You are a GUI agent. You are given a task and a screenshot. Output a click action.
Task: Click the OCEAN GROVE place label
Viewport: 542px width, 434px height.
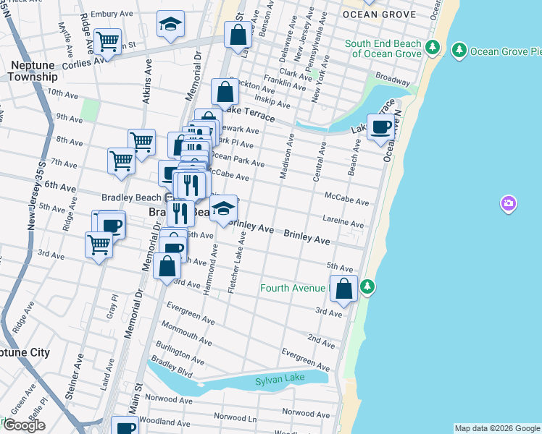click(379, 14)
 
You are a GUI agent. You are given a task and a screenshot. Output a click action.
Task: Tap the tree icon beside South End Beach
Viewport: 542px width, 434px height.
click(433, 48)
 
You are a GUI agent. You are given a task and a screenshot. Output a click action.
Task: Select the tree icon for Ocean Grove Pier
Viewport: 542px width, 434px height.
click(459, 51)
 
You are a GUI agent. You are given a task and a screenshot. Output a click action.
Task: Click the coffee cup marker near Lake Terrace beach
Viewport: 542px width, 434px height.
click(381, 128)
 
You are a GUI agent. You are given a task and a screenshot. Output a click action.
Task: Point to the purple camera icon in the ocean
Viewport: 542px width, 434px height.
click(509, 204)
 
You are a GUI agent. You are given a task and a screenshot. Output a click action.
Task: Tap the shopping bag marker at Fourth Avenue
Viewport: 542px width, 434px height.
click(344, 288)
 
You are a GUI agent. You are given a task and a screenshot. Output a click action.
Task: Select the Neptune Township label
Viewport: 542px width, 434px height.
click(33, 71)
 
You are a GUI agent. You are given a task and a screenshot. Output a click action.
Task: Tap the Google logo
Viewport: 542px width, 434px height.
click(24, 425)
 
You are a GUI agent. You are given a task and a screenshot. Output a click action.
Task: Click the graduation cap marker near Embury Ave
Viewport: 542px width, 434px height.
click(171, 25)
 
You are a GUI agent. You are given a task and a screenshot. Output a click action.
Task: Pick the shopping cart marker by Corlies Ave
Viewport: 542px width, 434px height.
click(108, 42)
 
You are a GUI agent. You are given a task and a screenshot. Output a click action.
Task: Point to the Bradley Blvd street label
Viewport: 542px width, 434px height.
click(172, 373)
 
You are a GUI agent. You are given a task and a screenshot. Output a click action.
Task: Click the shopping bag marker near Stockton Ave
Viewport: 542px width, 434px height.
click(225, 92)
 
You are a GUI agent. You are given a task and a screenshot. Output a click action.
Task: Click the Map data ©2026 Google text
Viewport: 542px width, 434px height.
click(497, 428)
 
